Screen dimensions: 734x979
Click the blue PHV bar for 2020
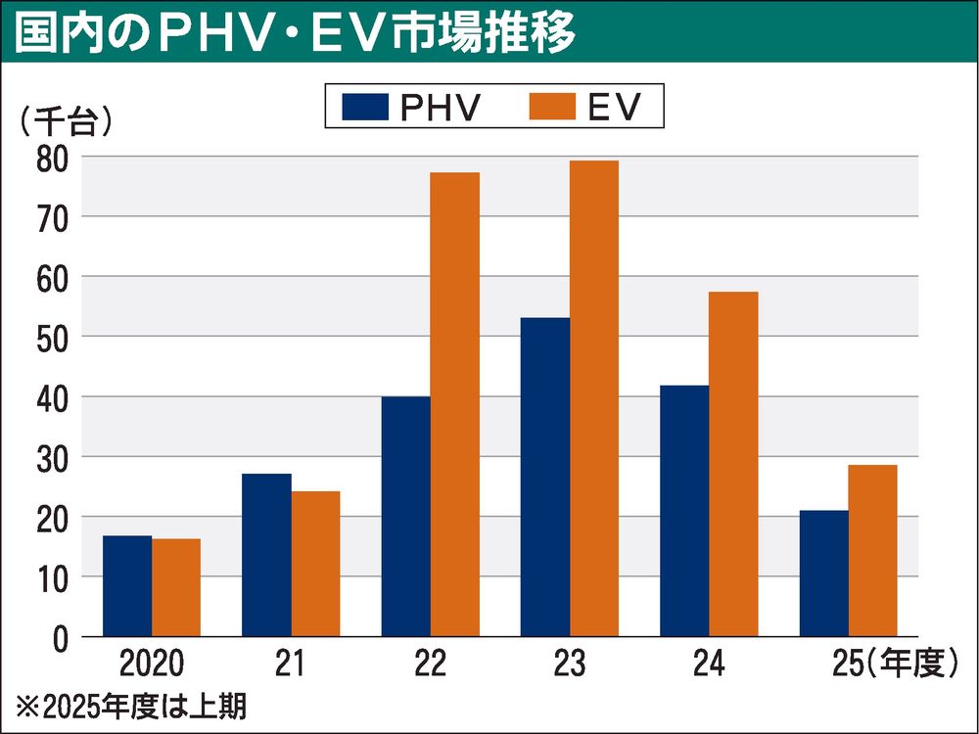tap(127, 586)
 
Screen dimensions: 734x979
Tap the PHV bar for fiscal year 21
tap(266, 555)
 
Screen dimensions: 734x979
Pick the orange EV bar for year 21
tap(315, 564)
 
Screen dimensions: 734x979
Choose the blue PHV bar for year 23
tap(545, 477)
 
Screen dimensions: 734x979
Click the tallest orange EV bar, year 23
tap(593, 398)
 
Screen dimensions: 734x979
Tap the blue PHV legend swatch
tap(364, 106)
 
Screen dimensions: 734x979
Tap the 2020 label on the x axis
tap(151, 666)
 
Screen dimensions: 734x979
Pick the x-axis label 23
tap(569, 666)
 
